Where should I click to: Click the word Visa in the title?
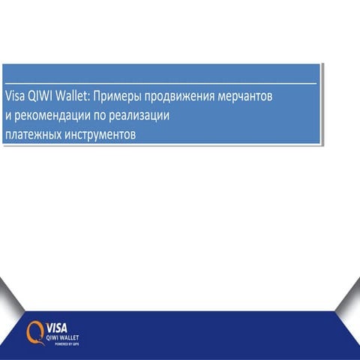(15, 97)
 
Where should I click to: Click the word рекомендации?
(50, 117)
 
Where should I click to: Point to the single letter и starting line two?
(7, 117)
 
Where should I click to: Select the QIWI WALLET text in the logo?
(63, 337)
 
